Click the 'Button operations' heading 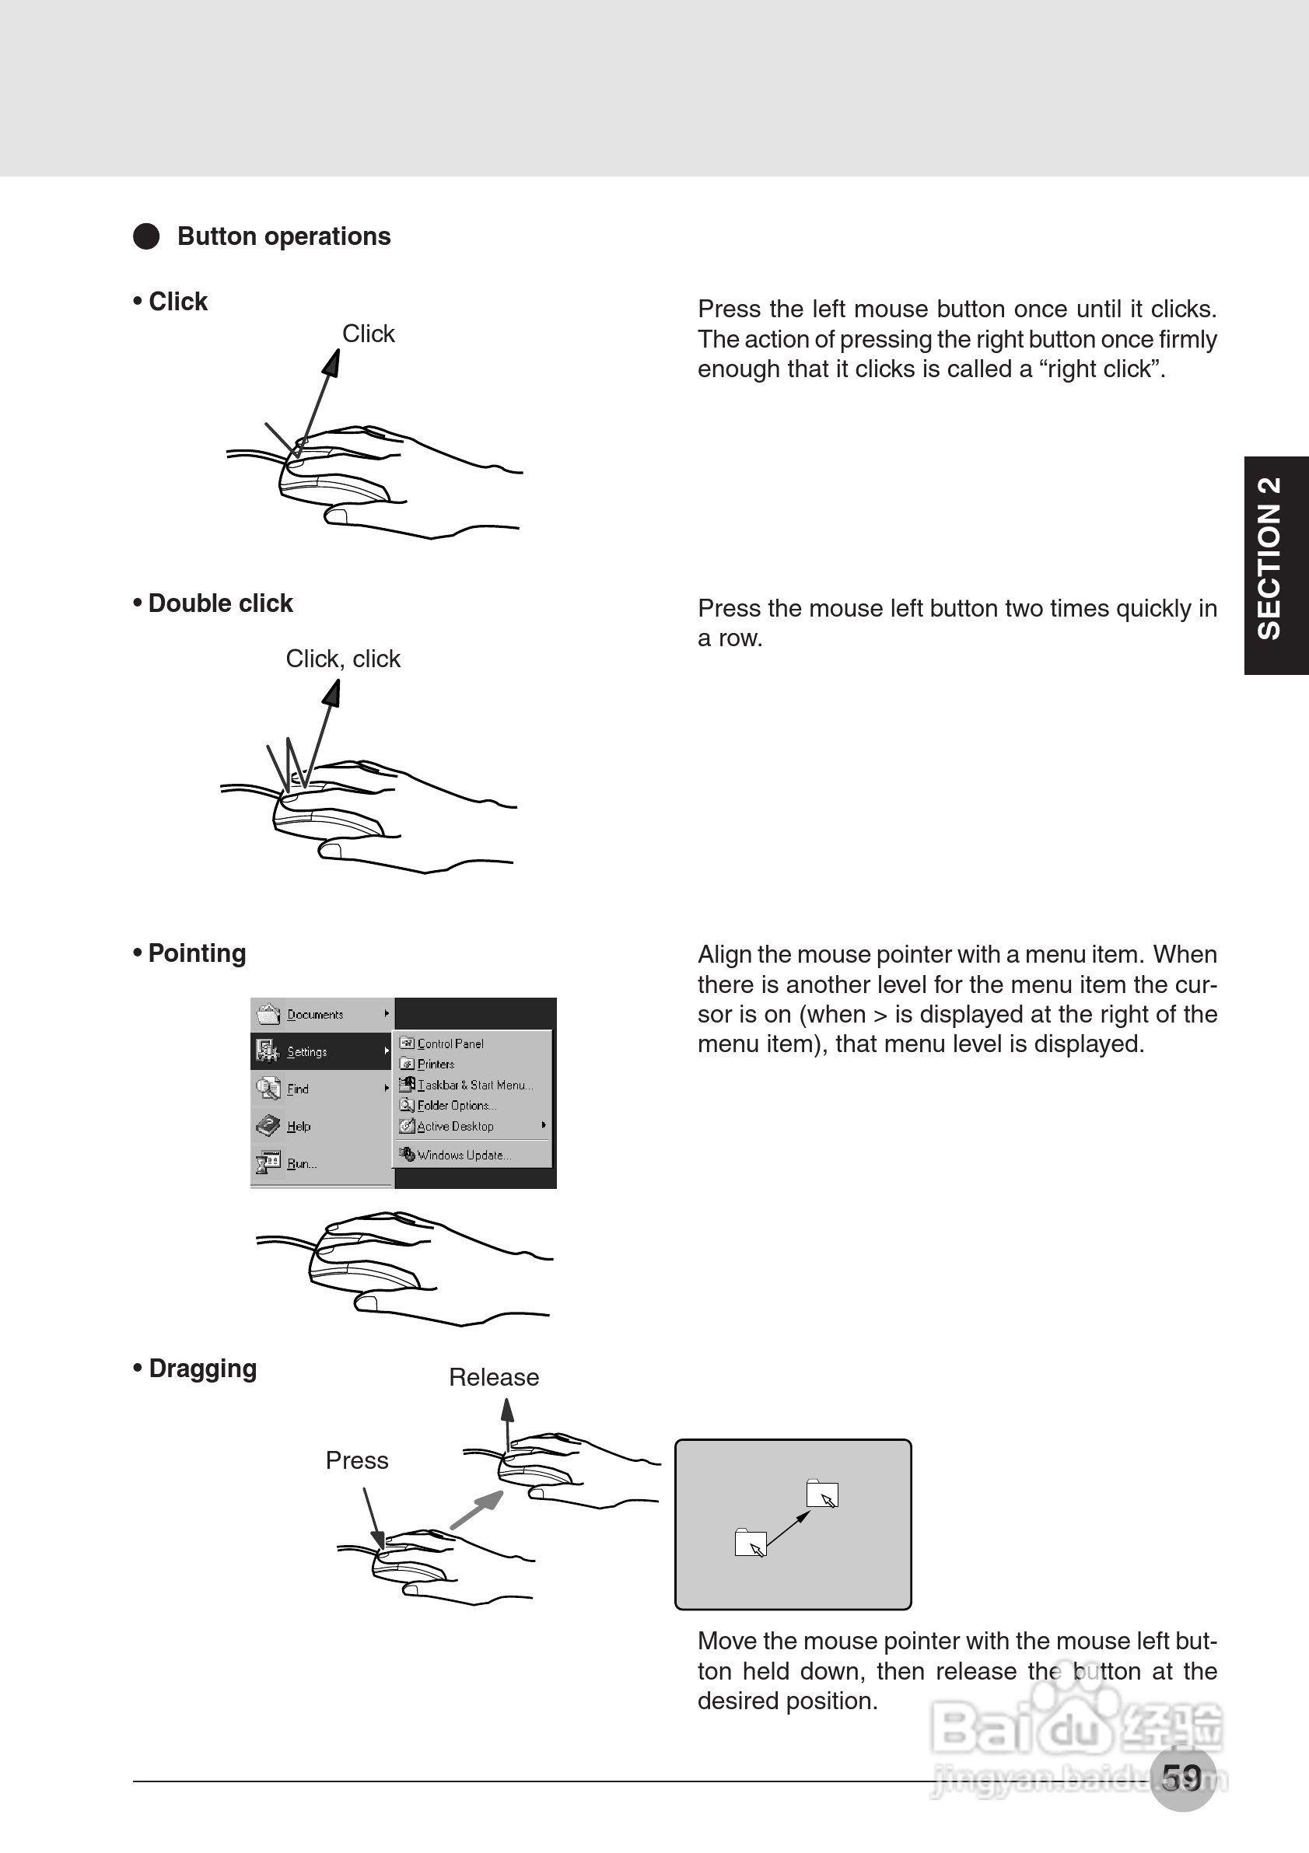pos(283,236)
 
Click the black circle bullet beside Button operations pos(146,236)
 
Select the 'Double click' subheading pos(219,603)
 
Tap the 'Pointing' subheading pos(196,953)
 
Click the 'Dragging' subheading pos(201,1369)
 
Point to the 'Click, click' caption pos(343,659)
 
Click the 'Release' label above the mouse pos(494,1378)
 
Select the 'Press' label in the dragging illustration pos(357,1461)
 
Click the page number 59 pos(1181,1777)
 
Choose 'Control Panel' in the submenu pos(450,1044)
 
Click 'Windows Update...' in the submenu pos(464,1155)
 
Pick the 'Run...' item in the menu pos(301,1164)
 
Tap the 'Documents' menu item pos(315,1015)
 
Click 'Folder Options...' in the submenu pos(456,1106)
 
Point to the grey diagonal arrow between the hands pos(476,1509)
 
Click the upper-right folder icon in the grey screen pos(821,1494)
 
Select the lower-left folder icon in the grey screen pos(751,1542)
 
